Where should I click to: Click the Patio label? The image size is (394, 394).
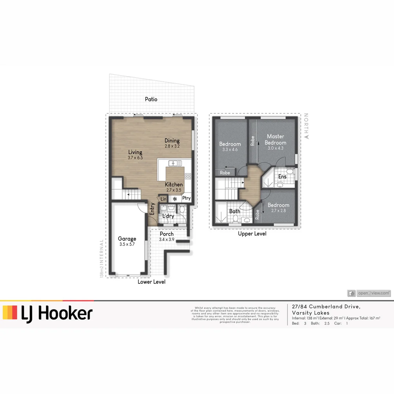tap(151, 99)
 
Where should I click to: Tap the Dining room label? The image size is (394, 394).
tap(172, 141)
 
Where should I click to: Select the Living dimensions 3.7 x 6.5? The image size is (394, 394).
tap(135, 158)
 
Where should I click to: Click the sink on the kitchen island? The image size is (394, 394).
tap(172, 163)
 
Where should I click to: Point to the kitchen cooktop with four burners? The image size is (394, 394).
tap(188, 176)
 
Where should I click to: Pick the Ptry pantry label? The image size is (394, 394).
tap(186, 198)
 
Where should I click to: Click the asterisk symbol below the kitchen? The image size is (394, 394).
tap(175, 199)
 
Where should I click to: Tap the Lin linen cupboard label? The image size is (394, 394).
tap(163, 199)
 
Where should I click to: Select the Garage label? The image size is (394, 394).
tap(127, 239)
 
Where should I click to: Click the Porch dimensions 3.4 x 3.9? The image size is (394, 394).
tap(167, 239)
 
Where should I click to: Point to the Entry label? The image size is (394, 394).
tap(152, 209)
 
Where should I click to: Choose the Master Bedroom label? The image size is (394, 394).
tap(275, 140)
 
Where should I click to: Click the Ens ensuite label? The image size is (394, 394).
tap(282, 177)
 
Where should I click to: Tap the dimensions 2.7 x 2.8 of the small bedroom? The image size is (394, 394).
tap(278, 210)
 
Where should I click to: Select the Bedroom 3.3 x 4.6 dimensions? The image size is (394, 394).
tap(230, 150)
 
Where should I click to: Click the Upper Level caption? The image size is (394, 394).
tap(252, 234)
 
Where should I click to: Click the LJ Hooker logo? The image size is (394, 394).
tap(47, 313)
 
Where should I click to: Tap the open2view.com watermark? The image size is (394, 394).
tap(369, 293)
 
